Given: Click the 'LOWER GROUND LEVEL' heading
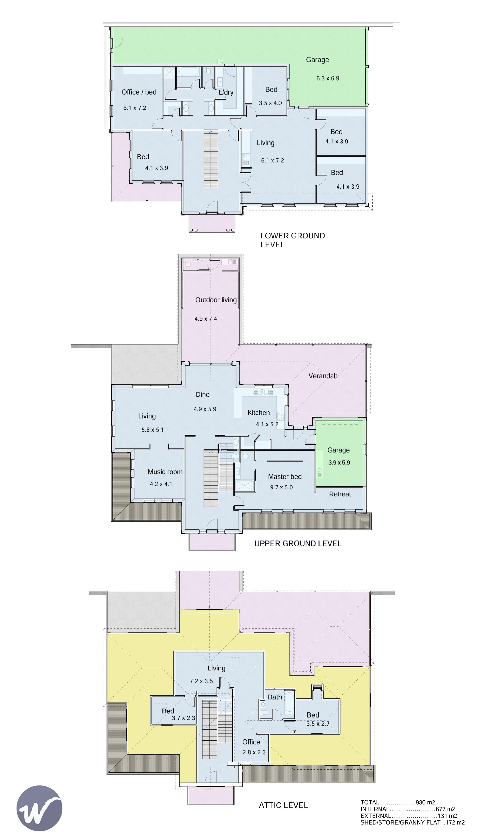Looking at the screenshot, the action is click(293, 240).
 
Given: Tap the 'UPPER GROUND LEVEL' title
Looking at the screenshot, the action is click(298, 543).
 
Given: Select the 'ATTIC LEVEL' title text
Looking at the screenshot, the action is click(283, 805).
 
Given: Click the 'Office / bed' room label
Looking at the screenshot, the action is click(139, 92).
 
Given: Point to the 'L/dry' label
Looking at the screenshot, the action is click(226, 92).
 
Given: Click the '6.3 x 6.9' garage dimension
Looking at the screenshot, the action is click(328, 79).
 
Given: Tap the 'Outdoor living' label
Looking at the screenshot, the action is click(216, 300).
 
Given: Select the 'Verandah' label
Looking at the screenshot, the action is click(323, 376).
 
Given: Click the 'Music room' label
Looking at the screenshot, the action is click(165, 472).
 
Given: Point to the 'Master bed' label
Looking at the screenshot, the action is click(285, 476).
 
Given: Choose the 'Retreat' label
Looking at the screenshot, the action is click(340, 494).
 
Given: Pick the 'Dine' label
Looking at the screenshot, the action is click(203, 395).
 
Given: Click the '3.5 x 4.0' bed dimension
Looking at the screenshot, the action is click(270, 103).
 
